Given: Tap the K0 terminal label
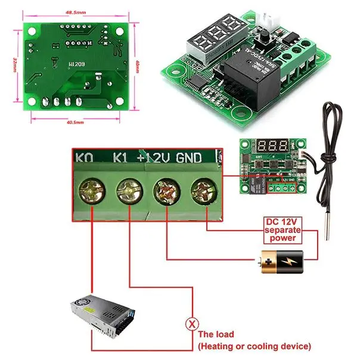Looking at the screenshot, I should click(85, 158).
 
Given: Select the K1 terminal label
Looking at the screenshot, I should click(121, 158).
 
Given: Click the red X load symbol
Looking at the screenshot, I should click(192, 324).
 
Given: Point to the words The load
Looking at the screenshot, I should click(216, 334).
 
